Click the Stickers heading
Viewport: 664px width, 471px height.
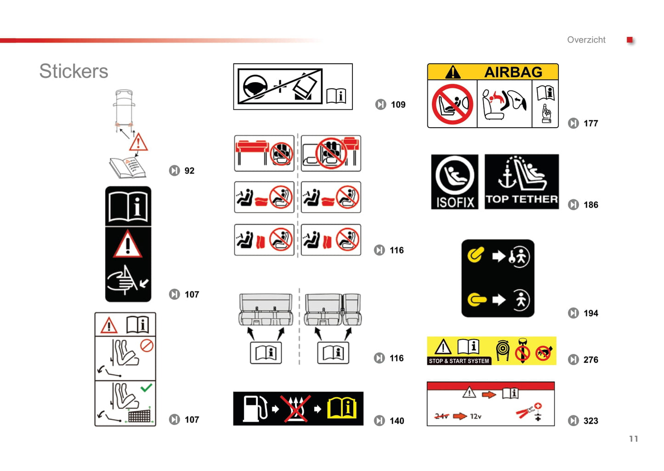(x=74, y=72)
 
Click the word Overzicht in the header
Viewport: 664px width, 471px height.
(x=586, y=39)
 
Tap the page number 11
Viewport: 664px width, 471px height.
(x=634, y=438)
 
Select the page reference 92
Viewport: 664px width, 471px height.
(x=189, y=171)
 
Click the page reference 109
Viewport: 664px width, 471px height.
(x=398, y=105)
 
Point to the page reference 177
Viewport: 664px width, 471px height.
(x=591, y=123)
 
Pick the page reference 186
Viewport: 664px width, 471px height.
(x=591, y=205)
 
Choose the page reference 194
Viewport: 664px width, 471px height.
(x=591, y=313)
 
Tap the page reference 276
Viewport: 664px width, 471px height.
(x=591, y=359)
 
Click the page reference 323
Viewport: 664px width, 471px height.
(x=591, y=421)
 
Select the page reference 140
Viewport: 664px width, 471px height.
(x=397, y=421)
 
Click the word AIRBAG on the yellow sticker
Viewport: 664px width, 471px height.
(x=513, y=72)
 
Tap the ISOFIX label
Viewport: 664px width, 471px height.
(x=455, y=203)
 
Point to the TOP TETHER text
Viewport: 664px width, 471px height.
(x=522, y=199)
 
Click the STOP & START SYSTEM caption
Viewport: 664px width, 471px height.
(x=459, y=361)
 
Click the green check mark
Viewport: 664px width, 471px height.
(x=146, y=387)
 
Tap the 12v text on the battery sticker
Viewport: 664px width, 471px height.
(x=476, y=416)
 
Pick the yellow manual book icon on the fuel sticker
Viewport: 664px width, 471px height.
(x=342, y=408)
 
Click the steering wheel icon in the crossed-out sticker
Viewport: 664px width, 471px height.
(x=255, y=86)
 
